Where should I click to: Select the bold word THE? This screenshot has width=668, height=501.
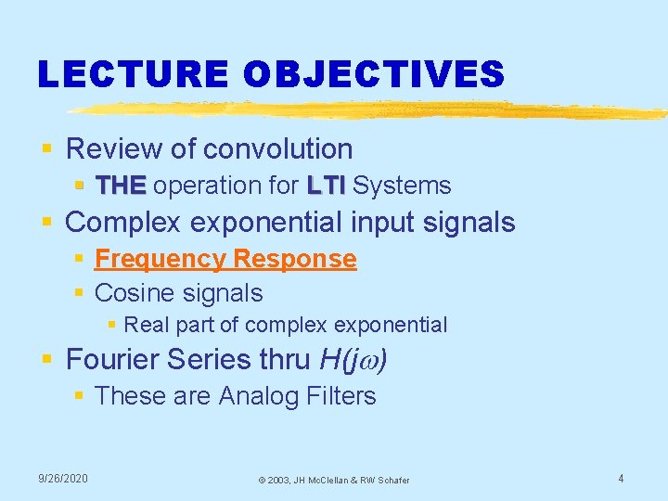click(121, 186)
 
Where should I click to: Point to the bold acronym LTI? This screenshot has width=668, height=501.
click(325, 186)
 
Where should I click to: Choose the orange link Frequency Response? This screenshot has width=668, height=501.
click(225, 259)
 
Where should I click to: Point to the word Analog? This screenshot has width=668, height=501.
click(261, 396)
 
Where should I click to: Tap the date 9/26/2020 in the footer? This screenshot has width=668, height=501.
click(63, 478)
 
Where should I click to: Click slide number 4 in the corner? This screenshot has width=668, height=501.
click(621, 478)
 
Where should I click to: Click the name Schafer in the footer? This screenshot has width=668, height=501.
click(391, 480)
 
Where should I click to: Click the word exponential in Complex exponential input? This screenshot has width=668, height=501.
click(263, 223)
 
